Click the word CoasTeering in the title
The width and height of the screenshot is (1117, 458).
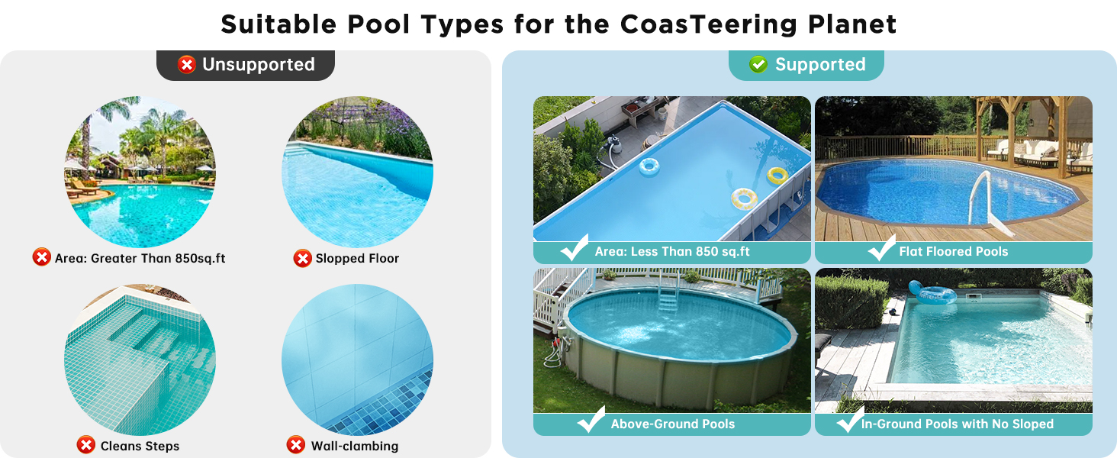pyautogui.click(x=709, y=24)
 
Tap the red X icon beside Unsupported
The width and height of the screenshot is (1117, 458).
pyautogui.click(x=186, y=65)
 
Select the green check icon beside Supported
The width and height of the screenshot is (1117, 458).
pyautogui.click(x=758, y=64)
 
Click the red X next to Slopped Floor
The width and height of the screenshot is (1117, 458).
pyautogui.click(x=302, y=259)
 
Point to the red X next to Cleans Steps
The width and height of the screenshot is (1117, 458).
pyautogui.click(x=85, y=445)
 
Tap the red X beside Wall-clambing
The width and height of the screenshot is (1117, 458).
pyautogui.click(x=296, y=445)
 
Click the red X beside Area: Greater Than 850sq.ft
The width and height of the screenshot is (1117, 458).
pyautogui.click(x=41, y=257)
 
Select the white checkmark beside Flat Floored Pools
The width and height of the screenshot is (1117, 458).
pyautogui.click(x=882, y=248)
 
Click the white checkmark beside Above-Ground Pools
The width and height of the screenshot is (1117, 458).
pyautogui.click(x=591, y=420)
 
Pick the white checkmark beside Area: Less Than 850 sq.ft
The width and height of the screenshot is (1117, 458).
pyautogui.click(x=575, y=247)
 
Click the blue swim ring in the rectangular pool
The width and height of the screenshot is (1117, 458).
pyautogui.click(x=649, y=167)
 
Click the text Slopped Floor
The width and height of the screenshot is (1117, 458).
pyautogui.click(x=357, y=259)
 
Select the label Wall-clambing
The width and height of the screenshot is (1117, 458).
pyautogui.click(x=355, y=446)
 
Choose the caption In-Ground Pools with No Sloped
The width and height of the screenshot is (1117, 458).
pyautogui.click(x=958, y=424)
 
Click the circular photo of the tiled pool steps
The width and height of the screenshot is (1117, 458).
pyautogui.click(x=140, y=360)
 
